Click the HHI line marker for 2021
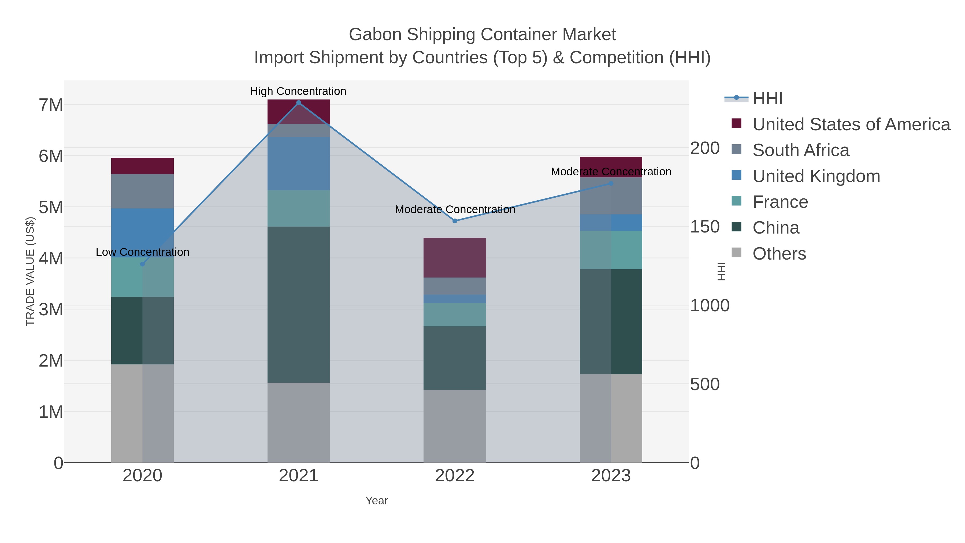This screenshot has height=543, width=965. coord(299,102)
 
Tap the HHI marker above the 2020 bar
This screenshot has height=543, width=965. coord(142,264)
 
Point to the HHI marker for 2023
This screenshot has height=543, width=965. coord(611,183)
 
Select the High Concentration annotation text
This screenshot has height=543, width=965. coord(298,91)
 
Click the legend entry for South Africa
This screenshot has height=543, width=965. coord(800,150)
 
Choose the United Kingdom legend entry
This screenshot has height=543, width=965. coord(816,176)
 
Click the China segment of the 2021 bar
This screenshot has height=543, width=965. coord(299,304)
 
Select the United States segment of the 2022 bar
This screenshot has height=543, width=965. coord(455,257)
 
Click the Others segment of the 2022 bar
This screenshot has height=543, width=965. coord(455,426)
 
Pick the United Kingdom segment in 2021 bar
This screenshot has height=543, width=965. coord(299,163)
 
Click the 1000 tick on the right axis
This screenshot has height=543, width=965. coord(710,306)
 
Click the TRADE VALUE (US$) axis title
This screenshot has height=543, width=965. coord(30,271)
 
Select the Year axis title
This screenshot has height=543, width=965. coord(377,501)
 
